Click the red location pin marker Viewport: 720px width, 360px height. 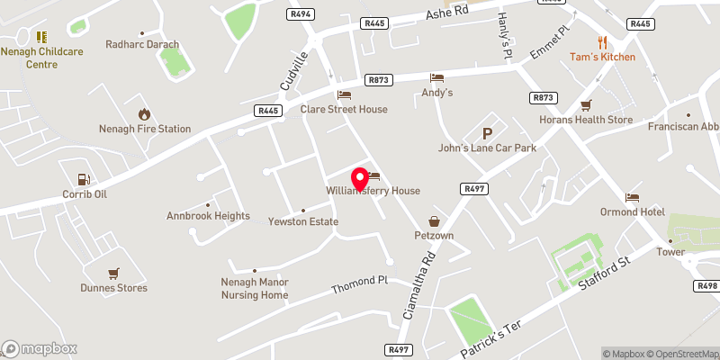[359, 177]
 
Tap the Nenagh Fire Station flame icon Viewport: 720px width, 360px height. [144, 113]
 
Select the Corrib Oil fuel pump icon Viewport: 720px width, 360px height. [84, 179]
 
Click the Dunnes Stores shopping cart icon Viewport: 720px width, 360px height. [113, 273]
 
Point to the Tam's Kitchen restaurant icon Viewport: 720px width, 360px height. [602, 41]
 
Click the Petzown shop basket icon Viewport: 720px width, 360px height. [434, 220]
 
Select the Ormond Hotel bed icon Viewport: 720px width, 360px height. [632, 197]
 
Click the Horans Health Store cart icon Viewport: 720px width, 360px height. [586, 104]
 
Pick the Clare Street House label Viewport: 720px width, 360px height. [344, 110]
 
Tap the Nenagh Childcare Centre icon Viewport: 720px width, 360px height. [40, 36]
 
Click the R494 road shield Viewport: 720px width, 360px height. [300, 13]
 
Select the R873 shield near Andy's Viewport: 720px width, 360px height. [379, 80]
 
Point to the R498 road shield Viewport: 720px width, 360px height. [706, 285]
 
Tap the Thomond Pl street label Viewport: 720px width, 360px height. [358, 285]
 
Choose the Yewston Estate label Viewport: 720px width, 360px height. [303, 221]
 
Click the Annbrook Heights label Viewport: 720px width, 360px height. [208, 216]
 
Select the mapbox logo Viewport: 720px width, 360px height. [39, 347]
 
